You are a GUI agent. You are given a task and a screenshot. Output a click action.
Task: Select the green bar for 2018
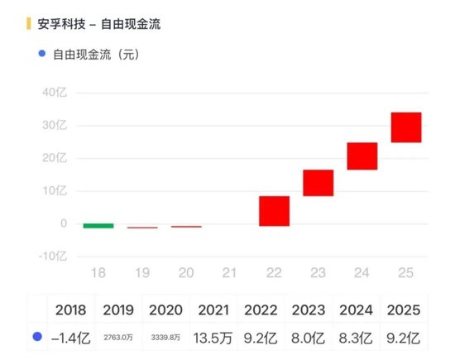(98, 225)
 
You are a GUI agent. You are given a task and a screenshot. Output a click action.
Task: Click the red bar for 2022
(274, 211)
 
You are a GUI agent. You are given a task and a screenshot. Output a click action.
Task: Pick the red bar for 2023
(318, 183)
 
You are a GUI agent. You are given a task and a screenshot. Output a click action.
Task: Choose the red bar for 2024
(362, 156)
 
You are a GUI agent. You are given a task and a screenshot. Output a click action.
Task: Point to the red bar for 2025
(406, 127)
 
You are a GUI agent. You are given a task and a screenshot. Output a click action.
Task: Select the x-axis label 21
(230, 271)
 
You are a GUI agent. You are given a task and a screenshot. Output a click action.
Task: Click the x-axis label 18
(98, 271)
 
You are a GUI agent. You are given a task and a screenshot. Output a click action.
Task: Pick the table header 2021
(214, 310)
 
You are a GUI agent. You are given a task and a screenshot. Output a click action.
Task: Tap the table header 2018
(72, 310)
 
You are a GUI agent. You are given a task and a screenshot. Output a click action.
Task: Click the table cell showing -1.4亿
(72, 337)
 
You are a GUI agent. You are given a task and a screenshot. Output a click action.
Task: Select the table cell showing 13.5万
(214, 337)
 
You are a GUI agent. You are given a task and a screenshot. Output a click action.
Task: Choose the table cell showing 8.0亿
(309, 337)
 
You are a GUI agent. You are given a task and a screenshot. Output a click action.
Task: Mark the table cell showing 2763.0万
(118, 338)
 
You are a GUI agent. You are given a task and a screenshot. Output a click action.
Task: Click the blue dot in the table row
(36, 337)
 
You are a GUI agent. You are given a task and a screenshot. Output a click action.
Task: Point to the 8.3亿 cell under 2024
(356, 337)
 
